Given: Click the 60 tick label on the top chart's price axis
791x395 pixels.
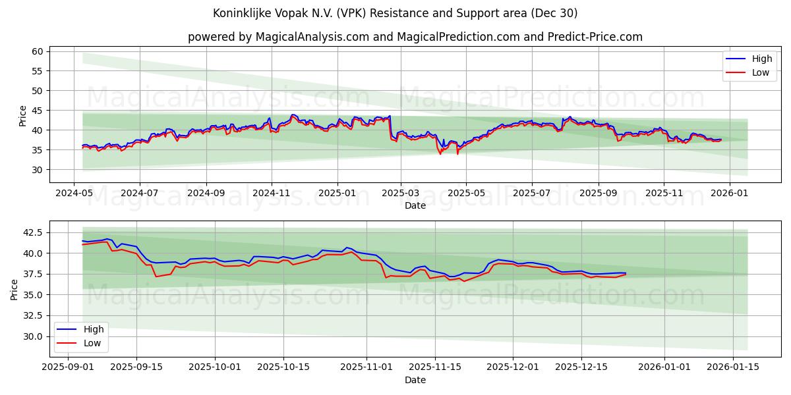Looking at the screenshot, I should pyautogui.click(x=38, y=51).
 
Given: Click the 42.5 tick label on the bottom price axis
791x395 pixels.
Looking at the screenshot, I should pyautogui.click(x=33, y=232).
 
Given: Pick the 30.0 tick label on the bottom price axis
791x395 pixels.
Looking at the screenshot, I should pyautogui.click(x=33, y=336).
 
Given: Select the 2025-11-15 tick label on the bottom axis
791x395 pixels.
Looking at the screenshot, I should pyautogui.click(x=434, y=367).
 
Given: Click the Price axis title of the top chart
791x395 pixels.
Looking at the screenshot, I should pyautogui.click(x=23, y=116).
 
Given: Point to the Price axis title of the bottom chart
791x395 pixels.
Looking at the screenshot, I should pyautogui.click(x=15, y=290).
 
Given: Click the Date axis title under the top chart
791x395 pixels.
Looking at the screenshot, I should pyautogui.click(x=415, y=205).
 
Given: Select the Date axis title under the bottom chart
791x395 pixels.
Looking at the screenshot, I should pyautogui.click(x=415, y=380).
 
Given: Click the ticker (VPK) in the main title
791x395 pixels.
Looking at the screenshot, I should pyautogui.click(x=359, y=13).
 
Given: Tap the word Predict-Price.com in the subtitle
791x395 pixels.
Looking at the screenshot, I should pyautogui.click(x=595, y=37).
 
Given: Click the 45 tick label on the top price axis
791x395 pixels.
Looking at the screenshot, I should pyautogui.click(x=38, y=111).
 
